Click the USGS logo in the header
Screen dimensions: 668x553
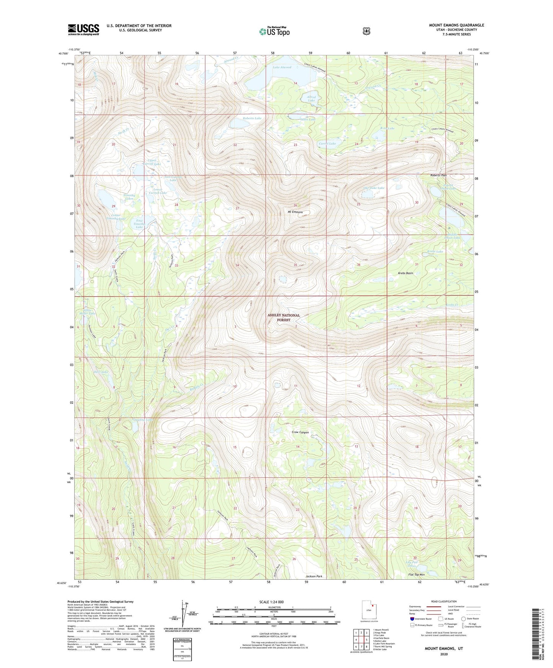click(83, 29)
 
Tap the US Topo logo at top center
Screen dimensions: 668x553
click(274, 31)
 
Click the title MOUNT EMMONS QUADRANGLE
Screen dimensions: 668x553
click(456, 25)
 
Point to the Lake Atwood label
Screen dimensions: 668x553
click(282, 67)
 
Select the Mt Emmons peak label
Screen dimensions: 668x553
click(295, 212)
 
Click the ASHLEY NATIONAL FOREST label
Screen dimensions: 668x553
click(284, 318)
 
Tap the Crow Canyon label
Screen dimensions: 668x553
click(300, 432)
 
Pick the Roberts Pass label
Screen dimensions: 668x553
click(438, 175)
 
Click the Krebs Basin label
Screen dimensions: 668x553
click(405, 274)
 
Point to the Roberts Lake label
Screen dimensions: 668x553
click(252, 119)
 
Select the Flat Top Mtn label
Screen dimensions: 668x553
click(417, 575)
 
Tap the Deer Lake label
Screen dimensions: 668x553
click(101, 372)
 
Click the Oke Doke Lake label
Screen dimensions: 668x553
click(374, 188)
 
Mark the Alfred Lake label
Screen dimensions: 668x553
click(312, 99)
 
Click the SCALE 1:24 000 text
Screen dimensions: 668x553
click(271, 602)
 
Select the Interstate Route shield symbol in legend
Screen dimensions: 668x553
click(412, 619)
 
